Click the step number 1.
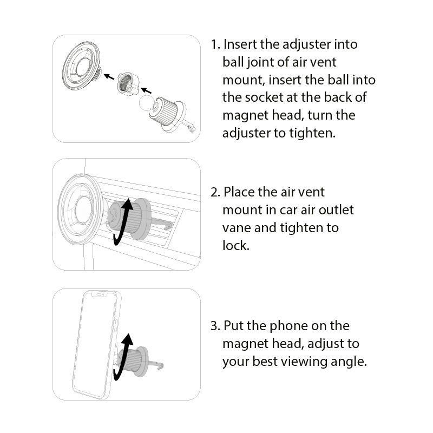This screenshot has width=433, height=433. tap(215, 44)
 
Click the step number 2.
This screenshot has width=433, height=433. tap(215, 192)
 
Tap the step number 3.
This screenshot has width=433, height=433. tap(215, 326)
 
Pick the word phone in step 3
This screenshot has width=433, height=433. tap(285, 326)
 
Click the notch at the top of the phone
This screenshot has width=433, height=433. tap(100, 294)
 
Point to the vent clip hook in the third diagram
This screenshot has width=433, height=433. tap(162, 366)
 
